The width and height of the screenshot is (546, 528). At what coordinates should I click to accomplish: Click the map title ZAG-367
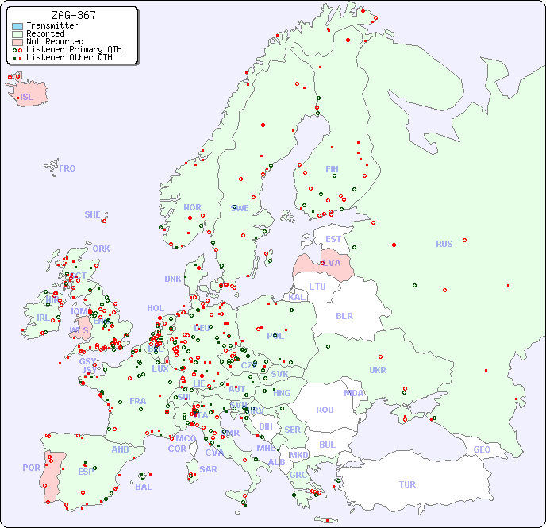(73, 15)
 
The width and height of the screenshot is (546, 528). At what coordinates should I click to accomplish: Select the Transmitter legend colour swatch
(17, 25)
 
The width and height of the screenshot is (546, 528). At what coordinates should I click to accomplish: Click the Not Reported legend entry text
(54, 41)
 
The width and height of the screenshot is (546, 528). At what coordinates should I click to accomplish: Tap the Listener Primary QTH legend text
(74, 49)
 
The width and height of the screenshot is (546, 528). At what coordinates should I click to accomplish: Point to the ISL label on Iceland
(27, 98)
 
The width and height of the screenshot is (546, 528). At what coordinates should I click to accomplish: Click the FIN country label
(332, 169)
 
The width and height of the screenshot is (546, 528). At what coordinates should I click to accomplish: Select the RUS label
(444, 244)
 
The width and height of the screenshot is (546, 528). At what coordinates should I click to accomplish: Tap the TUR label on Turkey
(407, 484)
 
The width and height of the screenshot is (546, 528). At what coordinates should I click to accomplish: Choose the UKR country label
(378, 370)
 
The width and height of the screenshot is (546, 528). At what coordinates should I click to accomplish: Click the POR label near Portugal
(31, 468)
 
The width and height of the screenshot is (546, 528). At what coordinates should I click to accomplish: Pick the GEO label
(482, 449)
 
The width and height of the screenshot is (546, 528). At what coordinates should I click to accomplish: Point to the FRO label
(67, 168)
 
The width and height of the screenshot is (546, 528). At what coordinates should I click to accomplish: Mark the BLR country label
(344, 315)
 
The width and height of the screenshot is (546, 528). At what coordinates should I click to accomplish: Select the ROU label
(325, 410)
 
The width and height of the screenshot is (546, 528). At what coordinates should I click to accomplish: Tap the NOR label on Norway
(192, 207)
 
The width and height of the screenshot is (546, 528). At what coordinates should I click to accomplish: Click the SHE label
(93, 214)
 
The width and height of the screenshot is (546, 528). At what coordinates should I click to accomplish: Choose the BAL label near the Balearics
(143, 487)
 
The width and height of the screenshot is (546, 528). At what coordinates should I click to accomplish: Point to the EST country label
(333, 239)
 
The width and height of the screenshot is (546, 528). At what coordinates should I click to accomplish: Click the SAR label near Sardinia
(208, 469)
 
